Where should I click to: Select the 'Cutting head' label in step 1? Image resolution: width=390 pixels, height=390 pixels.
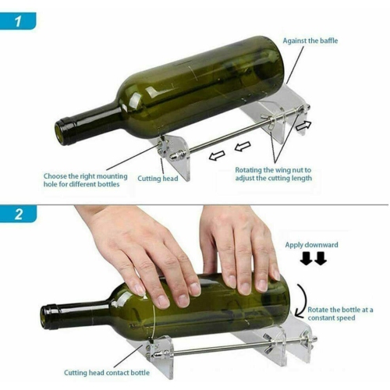pos(159,179)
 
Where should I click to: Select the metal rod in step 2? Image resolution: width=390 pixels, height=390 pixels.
pos(226,344)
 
